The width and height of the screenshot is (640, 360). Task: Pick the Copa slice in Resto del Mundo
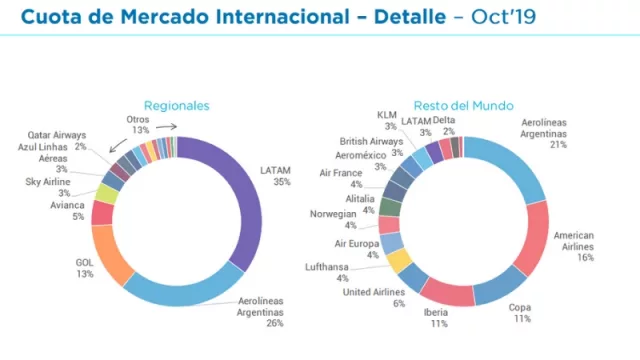pyautogui.click(x=501, y=290)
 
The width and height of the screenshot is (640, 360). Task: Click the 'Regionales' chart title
pyautogui.click(x=176, y=105)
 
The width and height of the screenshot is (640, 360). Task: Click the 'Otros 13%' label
pyautogui.click(x=138, y=123)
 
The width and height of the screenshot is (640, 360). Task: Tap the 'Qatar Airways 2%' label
pyautogui.click(x=59, y=141)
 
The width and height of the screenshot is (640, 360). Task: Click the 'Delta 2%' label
pyautogui.click(x=444, y=125)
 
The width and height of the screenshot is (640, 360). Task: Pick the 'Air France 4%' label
pyautogui.click(x=341, y=178)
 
